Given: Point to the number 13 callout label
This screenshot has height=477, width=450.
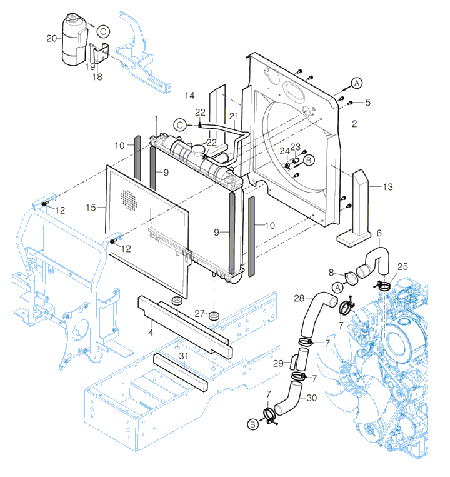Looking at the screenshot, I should click(x=388, y=187).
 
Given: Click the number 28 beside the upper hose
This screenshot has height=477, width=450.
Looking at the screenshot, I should click(x=299, y=298).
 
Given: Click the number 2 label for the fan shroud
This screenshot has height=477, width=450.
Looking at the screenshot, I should click(x=354, y=124).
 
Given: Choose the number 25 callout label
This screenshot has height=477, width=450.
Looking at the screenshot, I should click(x=402, y=266).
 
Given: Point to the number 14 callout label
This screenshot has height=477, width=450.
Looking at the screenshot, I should click(x=190, y=95).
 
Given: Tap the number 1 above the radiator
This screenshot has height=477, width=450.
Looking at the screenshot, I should click(x=157, y=118).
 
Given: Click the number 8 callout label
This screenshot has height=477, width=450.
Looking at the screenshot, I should click(x=332, y=272).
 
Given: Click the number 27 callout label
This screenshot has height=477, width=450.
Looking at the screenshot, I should click(x=199, y=313).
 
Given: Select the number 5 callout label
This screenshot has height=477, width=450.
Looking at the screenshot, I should click(x=367, y=102).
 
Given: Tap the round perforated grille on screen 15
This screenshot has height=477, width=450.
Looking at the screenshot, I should click(x=129, y=199).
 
